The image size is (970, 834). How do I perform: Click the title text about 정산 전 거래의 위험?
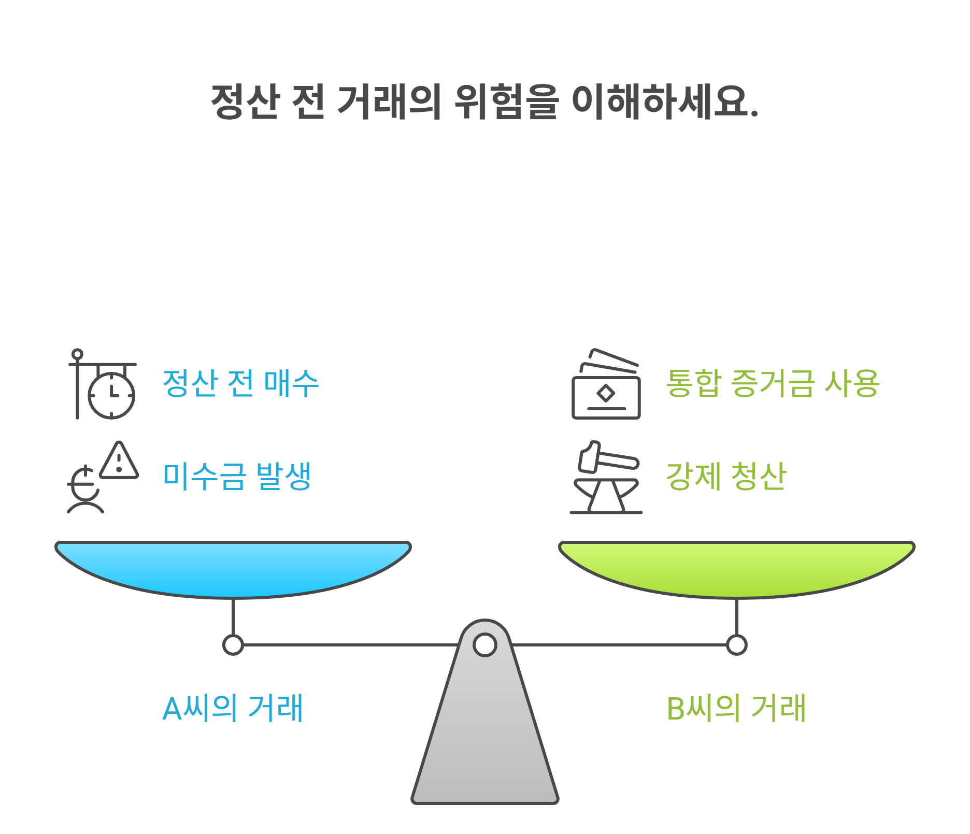tap(484, 101)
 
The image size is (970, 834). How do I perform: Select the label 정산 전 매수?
tap(240, 383)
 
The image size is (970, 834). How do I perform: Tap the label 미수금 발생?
tap(237, 476)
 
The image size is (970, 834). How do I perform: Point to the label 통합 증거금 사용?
tap(772, 383)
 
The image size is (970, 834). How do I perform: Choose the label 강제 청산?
tap(726, 476)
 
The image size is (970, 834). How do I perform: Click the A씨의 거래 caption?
tap(233, 708)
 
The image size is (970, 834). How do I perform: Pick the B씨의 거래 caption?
tap(736, 708)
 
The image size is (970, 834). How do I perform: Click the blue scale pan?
tap(233, 567)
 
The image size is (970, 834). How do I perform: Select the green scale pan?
tap(736, 567)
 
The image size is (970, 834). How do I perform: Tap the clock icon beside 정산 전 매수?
tap(111, 395)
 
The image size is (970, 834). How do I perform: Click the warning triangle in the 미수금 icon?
tap(119, 461)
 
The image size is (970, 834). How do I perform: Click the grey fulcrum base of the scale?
tap(485, 736)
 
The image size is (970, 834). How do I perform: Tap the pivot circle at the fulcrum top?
tap(485, 645)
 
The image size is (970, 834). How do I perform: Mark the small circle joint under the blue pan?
tap(233, 645)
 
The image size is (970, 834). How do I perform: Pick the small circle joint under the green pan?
tap(736, 645)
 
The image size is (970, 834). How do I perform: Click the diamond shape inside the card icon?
tap(606, 394)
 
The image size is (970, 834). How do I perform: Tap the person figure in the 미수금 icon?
tap(85, 492)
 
